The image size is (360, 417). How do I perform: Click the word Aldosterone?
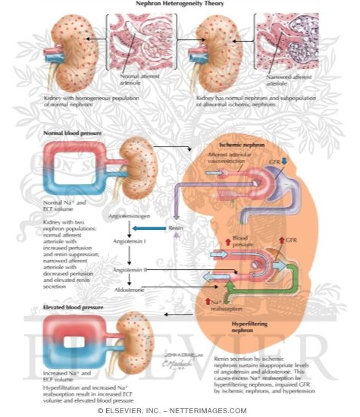pos(130,289)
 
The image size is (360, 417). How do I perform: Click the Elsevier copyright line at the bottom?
pos(180,410)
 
